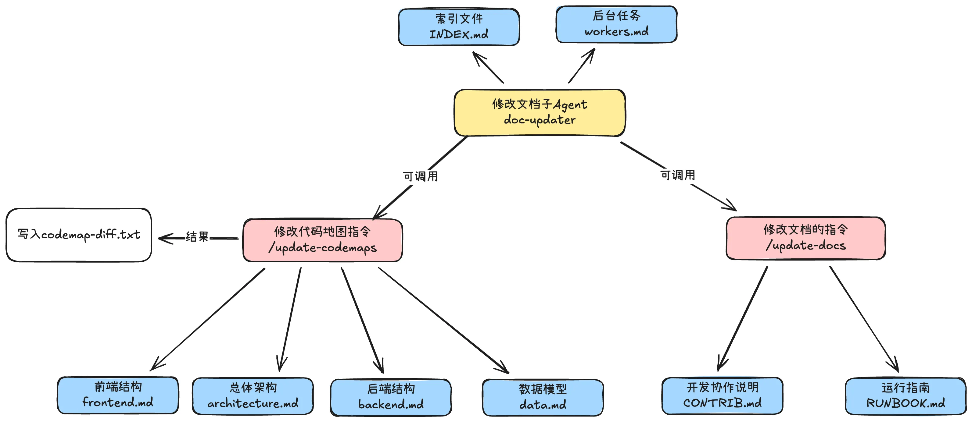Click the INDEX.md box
coord(459,27)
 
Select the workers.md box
coord(617,24)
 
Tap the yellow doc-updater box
coord(540,112)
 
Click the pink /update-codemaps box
coord(323,240)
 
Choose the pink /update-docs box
coord(805,238)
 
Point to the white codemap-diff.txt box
coord(79,235)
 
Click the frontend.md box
coord(118,395)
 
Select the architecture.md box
coord(253,396)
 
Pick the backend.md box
coord(391,397)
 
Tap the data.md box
coord(543,398)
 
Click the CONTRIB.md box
coord(722,395)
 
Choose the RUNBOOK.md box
coord(906,396)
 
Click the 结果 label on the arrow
coord(197,237)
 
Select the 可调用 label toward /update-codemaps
coord(420,176)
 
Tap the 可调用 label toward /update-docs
coord(678,175)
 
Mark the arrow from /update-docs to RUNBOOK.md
coord(864,319)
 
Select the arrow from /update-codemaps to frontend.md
coord(207,319)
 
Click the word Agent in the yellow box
coord(570,105)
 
